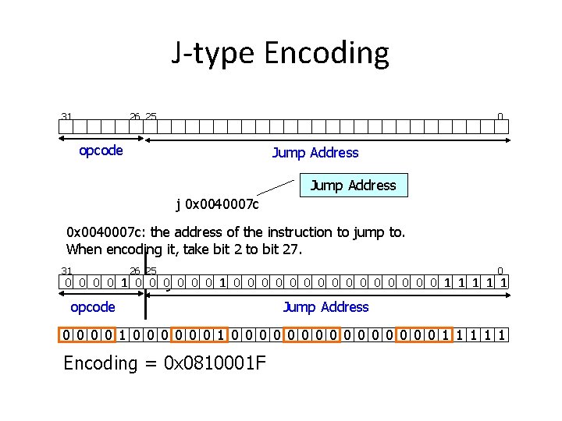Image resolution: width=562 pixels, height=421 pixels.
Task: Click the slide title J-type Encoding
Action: pos(280,53)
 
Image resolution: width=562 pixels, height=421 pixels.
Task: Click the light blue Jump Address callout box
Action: pos(354,185)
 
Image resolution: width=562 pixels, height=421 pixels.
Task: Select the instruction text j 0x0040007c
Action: pos(218,205)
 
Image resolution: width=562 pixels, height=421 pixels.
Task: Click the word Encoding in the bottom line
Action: pos(100,363)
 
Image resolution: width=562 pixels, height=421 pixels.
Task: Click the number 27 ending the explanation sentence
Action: pos(293,249)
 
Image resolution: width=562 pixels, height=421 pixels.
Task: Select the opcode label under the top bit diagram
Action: pos(101,150)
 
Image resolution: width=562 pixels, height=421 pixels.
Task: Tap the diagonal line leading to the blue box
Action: pos(279,186)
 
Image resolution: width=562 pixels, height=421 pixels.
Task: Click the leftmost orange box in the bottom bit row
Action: pos(88,335)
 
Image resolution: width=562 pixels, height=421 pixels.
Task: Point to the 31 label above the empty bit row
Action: pos(66,117)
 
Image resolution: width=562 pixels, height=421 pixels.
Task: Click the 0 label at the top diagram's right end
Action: pos(500,117)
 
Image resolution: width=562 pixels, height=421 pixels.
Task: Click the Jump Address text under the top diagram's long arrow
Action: pos(315,153)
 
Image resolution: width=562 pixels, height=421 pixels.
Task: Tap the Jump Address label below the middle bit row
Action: pos(325,307)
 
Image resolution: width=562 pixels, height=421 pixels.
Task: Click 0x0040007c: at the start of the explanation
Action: pos(106,232)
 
